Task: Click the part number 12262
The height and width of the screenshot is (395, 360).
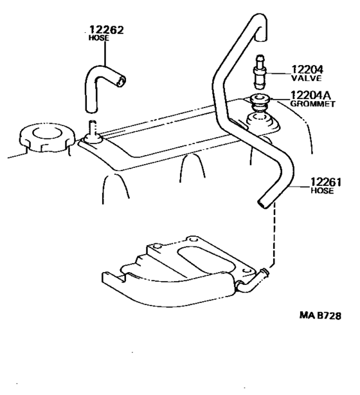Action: [107, 30]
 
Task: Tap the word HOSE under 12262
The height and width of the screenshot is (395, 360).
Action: [99, 38]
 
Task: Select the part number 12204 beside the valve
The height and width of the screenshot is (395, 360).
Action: [307, 69]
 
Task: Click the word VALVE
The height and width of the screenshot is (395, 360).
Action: [307, 78]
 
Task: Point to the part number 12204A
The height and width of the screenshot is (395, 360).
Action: [310, 95]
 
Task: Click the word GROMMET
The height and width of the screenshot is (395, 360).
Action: [312, 104]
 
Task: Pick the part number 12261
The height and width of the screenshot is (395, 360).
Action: [326, 182]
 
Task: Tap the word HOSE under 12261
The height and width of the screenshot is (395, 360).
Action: [322, 190]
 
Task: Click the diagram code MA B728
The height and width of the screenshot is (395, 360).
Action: [320, 315]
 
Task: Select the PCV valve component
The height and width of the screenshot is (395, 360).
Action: [260, 72]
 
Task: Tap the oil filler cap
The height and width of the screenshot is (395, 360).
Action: [48, 138]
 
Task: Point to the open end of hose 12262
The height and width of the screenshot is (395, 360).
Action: [121, 81]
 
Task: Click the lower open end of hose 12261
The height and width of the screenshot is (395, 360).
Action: [264, 203]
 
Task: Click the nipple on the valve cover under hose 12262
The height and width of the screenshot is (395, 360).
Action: [93, 131]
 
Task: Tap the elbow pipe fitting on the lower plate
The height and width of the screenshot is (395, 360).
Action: [253, 281]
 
